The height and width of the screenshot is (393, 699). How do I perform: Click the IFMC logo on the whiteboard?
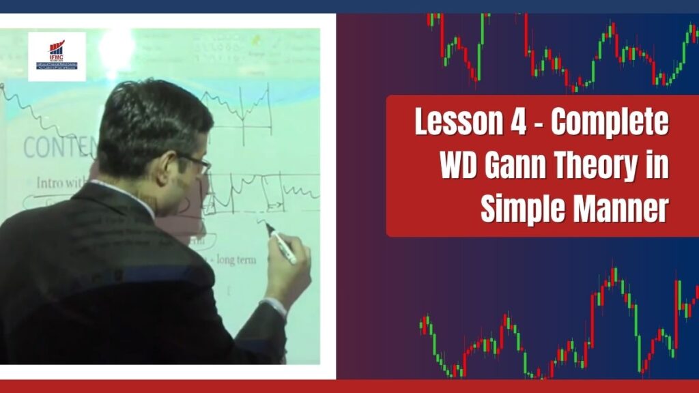click(x=57, y=56)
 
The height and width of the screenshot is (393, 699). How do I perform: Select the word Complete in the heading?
click(x=610, y=124)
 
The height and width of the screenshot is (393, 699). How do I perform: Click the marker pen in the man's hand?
click(x=281, y=244)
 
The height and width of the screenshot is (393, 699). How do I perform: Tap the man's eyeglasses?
click(x=195, y=161)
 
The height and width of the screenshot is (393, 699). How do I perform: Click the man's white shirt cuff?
click(x=276, y=306)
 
